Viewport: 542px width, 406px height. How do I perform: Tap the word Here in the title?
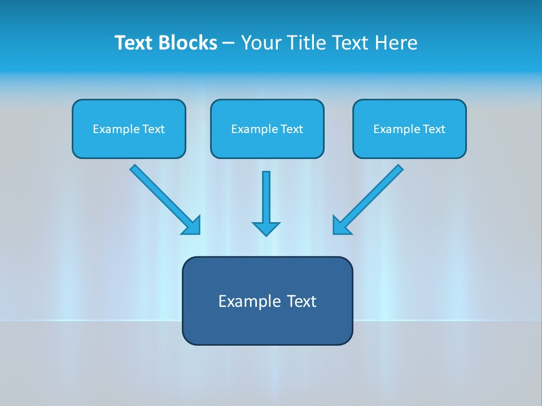(395, 43)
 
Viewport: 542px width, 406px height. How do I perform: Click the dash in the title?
(229, 43)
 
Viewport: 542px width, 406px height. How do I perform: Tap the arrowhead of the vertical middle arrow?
(266, 228)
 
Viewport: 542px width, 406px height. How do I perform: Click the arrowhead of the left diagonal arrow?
(193, 226)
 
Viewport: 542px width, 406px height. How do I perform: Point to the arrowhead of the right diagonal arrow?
(340, 226)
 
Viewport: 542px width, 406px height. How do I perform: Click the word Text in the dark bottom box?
(301, 301)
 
